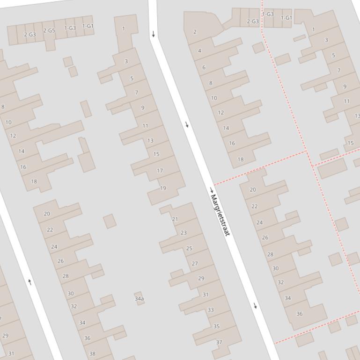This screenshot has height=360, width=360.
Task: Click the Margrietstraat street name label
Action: coord(220,215)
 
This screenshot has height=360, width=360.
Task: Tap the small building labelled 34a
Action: coord(139,298)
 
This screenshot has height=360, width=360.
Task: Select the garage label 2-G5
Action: coord(49,31)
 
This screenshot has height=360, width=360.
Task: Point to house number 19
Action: coord(163,188)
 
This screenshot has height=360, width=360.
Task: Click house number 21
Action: coord(175,219)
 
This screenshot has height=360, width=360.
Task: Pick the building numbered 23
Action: coord(184,233)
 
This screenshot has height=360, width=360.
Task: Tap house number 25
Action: coord(189,248)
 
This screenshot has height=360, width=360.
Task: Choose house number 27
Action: coord(195,264)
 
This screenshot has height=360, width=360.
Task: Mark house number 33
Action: coord(211,310)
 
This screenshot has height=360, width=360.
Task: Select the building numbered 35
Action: coord(216,326)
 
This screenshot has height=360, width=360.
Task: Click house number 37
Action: coord(219,342)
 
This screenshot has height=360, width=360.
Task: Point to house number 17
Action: coord(160,171)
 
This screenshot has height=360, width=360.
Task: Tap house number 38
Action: coord(92,354)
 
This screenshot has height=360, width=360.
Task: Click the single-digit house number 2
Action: coord(195,32)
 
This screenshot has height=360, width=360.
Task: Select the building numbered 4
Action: coord(199,50)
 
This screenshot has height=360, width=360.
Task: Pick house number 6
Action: coord(204,67)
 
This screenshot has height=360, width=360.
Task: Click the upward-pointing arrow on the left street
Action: coord(30,281)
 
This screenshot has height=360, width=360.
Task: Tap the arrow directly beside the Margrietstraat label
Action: coord(212,190)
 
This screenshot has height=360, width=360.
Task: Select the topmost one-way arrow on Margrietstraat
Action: coord(154,34)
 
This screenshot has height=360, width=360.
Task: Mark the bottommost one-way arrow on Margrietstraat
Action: coord(255,306)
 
